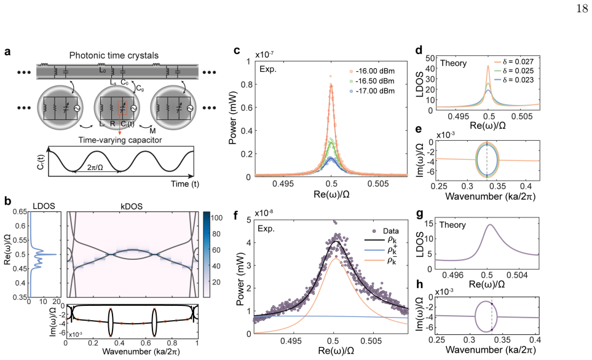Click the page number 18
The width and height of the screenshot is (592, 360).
(x=582, y=9)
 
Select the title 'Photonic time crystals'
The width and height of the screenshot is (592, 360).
(x=114, y=55)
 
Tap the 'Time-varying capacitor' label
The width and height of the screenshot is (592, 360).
(x=120, y=140)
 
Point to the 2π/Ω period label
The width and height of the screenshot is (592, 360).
(x=95, y=167)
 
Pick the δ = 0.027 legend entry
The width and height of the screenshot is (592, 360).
(x=514, y=61)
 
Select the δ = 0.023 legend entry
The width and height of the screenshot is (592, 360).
(x=514, y=80)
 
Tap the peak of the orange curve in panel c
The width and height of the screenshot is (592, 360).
(x=331, y=85)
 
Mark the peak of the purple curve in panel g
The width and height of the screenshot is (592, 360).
(x=490, y=224)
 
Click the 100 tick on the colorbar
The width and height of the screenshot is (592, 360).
(x=216, y=217)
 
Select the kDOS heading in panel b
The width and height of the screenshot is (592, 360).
(x=132, y=206)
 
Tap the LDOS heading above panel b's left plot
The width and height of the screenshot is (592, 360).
(x=44, y=206)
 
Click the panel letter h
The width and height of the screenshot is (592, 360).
(x=419, y=284)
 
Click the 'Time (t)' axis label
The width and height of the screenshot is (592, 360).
(x=184, y=184)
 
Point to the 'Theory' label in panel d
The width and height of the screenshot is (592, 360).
(x=453, y=63)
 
